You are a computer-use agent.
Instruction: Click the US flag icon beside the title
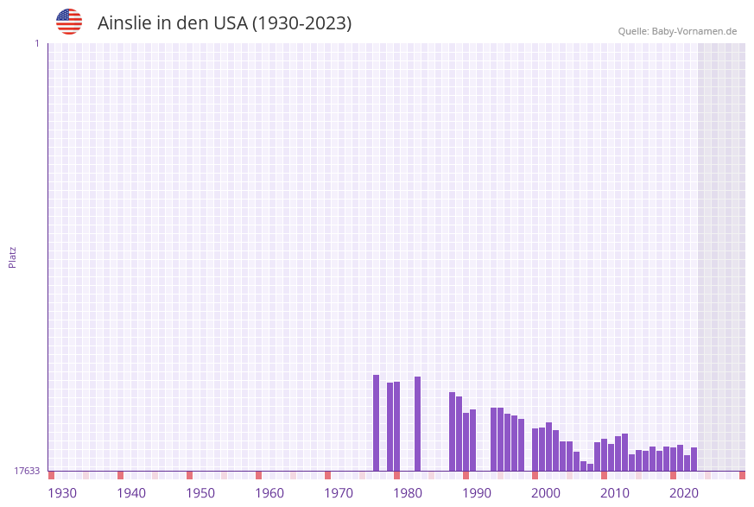click(69, 22)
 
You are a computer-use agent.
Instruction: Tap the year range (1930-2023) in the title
click(301, 23)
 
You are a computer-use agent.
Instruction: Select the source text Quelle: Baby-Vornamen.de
click(677, 31)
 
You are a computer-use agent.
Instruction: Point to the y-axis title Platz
click(13, 257)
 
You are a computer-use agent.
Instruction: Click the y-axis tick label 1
click(36, 43)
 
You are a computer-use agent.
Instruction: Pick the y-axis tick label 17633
click(27, 471)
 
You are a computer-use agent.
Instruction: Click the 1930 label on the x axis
click(62, 493)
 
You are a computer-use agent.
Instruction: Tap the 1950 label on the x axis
click(200, 493)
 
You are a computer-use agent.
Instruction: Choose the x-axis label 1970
click(339, 493)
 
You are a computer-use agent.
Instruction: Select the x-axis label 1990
click(477, 493)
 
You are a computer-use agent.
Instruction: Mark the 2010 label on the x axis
click(615, 493)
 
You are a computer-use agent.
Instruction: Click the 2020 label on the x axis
click(684, 493)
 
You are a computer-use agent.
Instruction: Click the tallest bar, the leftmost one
click(377, 422)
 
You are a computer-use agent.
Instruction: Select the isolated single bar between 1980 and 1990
click(418, 423)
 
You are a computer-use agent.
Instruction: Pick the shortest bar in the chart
click(591, 467)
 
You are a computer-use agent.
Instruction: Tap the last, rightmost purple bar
click(694, 459)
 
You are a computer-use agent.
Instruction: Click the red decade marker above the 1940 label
click(121, 475)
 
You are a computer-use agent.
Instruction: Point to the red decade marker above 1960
click(259, 475)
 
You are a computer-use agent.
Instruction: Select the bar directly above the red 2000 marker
click(535, 449)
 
